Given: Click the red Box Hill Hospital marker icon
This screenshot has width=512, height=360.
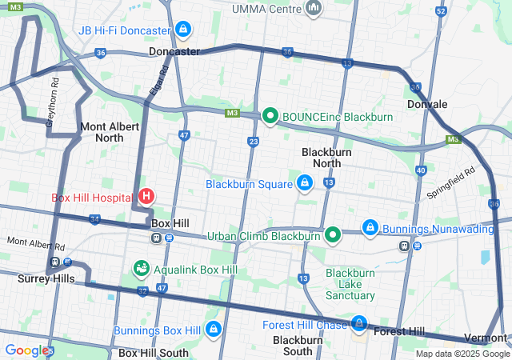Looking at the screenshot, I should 146,196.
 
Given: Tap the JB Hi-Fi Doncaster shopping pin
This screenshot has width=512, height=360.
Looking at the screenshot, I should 183,30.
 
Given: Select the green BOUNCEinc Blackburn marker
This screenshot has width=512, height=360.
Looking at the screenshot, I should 270,117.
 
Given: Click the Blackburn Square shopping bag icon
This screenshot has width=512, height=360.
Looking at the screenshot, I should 304,183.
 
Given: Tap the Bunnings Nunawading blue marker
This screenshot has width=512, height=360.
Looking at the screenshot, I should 370,229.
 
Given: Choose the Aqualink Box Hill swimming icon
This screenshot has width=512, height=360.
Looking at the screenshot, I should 141,268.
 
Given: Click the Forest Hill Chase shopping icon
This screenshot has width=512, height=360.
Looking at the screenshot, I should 360,324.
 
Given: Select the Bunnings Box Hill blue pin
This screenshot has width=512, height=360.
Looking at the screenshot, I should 213,330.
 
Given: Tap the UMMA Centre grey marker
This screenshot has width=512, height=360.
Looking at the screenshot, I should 314,9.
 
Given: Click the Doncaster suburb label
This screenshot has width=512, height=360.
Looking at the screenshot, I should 174,51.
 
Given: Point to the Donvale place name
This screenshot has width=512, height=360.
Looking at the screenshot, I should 426,104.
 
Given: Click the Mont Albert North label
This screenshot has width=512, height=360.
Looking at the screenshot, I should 110,132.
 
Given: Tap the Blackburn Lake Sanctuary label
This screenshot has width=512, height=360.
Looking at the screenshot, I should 350,284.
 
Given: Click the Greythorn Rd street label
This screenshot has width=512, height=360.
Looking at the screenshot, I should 52,102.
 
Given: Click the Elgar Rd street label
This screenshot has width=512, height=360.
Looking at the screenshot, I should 158,80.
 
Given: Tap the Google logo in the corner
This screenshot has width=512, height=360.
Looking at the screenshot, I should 26,350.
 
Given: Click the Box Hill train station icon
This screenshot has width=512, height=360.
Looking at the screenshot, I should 156,237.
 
